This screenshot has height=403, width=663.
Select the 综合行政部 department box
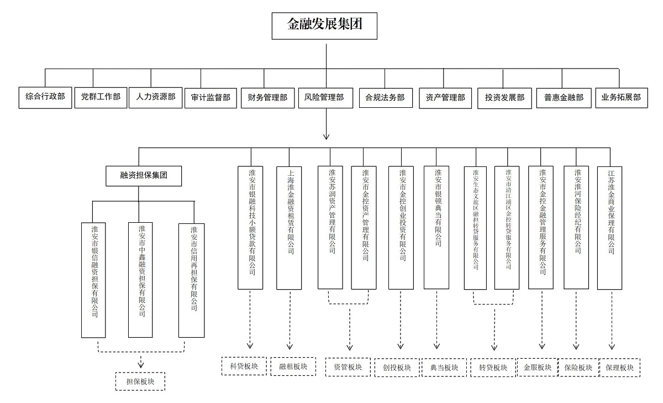click(45, 97)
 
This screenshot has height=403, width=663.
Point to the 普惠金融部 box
click(564, 97)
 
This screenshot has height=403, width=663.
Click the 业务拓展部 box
click(621, 97)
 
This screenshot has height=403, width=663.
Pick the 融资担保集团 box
click(144, 176)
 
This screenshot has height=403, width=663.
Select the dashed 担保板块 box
click(141, 381)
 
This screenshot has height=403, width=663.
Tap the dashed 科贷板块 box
click(244, 366)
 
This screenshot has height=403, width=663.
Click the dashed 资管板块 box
click(348, 367)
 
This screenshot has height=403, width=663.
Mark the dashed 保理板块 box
click(619, 368)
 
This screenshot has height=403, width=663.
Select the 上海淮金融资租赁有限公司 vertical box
click(289, 227)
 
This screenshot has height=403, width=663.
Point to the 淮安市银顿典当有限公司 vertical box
click(436, 227)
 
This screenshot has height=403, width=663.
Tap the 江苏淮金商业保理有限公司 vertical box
click(610, 227)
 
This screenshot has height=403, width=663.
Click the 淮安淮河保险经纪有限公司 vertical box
click(576, 227)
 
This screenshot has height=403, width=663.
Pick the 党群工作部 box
click(101, 97)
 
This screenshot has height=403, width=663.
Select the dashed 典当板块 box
click(444, 368)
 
